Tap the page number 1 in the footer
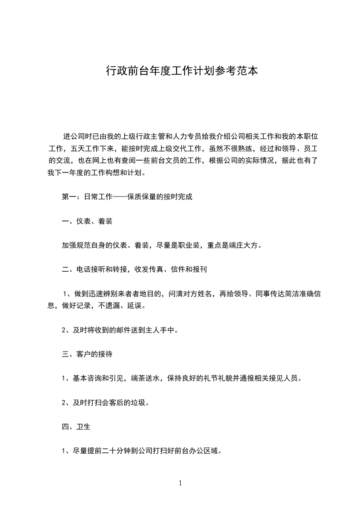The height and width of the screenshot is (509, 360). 180,483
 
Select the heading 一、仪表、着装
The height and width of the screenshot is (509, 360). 87,221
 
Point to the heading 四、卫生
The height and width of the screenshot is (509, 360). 76,427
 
